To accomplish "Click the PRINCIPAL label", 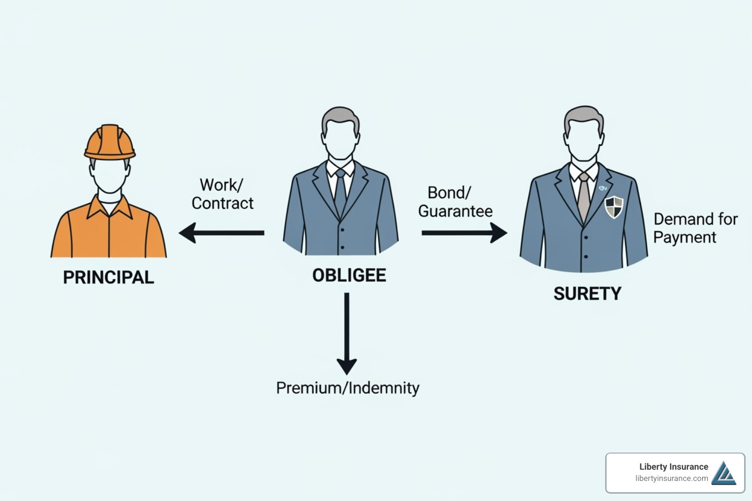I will (x=108, y=277).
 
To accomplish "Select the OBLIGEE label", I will (x=349, y=275).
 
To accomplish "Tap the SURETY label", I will (x=587, y=294).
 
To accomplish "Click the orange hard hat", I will (x=110, y=142).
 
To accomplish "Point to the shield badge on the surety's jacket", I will (x=614, y=207).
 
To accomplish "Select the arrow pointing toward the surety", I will (x=464, y=233).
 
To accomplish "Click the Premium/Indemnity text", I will (x=348, y=388).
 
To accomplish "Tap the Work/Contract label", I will (x=222, y=194).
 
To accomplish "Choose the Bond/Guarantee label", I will (x=455, y=202).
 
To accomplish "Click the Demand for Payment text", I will (x=695, y=228).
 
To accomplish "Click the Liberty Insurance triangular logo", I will (x=724, y=473).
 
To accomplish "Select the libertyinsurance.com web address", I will (x=671, y=478).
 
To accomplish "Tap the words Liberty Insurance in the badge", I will (x=673, y=467).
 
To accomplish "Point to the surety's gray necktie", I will (x=583, y=196).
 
